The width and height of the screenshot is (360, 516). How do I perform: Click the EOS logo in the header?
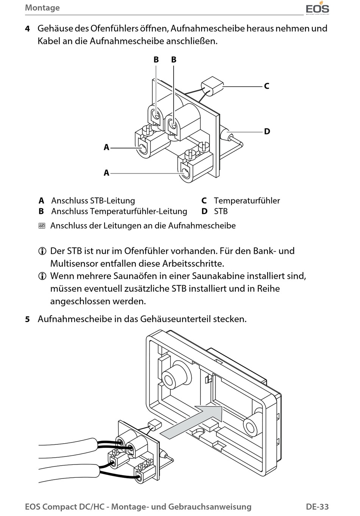pyautogui.click(x=317, y=8)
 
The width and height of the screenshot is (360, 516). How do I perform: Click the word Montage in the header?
pyautogui.click(x=42, y=8)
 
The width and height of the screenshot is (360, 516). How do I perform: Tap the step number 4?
pyautogui.click(x=27, y=29)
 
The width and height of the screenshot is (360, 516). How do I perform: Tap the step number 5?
pyautogui.click(x=27, y=319)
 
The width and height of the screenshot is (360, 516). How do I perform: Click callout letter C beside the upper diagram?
pyautogui.click(x=266, y=86)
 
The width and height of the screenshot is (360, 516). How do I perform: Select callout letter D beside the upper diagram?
pyautogui.click(x=267, y=131)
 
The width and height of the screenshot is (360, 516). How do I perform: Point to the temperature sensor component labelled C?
pyautogui.click(x=211, y=86)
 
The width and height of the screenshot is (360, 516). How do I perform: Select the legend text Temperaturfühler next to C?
pyautogui.click(x=247, y=200)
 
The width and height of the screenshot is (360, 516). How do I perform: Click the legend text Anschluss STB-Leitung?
pyautogui.click(x=93, y=200)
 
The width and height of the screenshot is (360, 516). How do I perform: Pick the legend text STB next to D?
pyautogui.click(x=221, y=211)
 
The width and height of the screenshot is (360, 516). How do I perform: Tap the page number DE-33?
pyautogui.click(x=317, y=507)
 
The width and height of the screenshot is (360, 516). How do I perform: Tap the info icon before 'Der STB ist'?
pyautogui.click(x=42, y=251)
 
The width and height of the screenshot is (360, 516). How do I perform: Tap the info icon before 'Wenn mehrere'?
pyautogui.click(x=42, y=276)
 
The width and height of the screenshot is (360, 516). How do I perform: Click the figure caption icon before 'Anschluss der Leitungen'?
pyautogui.click(x=42, y=226)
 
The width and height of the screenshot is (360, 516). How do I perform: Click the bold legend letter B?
pyautogui.click(x=41, y=211)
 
